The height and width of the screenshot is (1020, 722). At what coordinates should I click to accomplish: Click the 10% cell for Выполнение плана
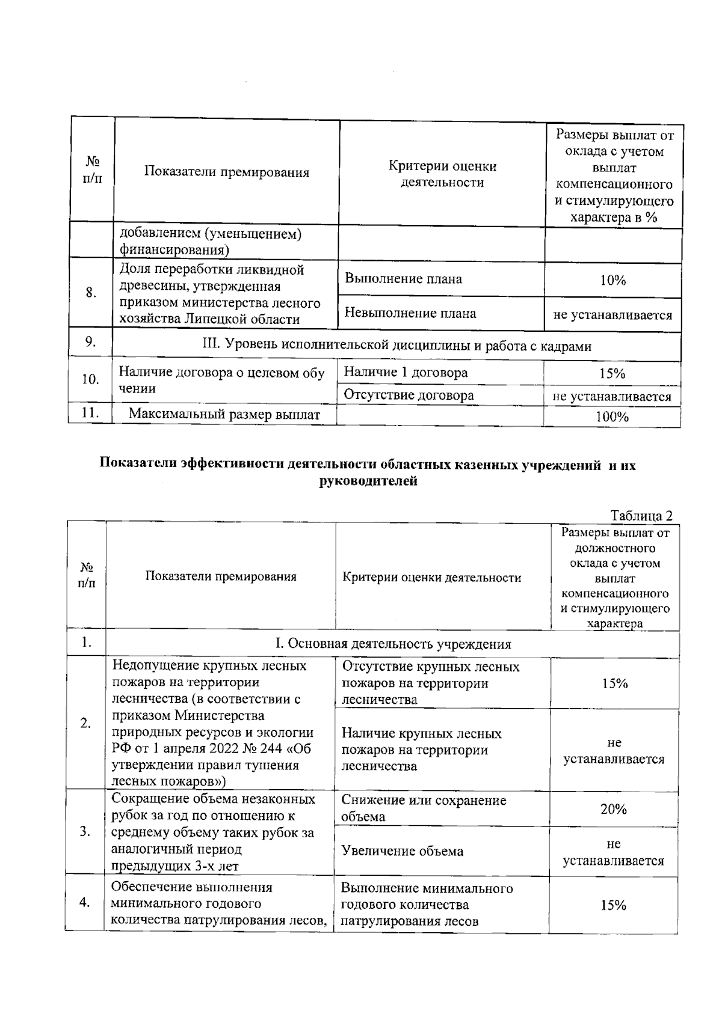(x=612, y=280)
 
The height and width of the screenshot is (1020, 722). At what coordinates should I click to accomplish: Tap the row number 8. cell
(x=91, y=293)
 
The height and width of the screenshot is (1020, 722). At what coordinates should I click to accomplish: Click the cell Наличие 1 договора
(x=406, y=373)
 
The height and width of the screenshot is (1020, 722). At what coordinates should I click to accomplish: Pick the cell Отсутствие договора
(x=409, y=395)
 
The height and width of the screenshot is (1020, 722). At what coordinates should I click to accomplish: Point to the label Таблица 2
(x=641, y=516)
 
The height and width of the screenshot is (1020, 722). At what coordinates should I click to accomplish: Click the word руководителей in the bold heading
(x=368, y=481)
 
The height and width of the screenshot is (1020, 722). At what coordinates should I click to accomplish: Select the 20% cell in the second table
(x=614, y=809)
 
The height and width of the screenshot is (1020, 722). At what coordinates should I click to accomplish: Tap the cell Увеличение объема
(x=402, y=851)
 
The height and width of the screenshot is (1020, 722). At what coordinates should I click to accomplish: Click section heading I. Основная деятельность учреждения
(x=393, y=644)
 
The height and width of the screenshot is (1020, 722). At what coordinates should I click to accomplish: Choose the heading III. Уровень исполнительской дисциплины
(x=396, y=346)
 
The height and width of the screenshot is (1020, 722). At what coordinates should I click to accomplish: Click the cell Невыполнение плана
(x=410, y=313)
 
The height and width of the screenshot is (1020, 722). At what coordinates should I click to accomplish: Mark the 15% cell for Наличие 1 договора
(x=612, y=373)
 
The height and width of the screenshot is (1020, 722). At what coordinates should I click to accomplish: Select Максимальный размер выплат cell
(x=224, y=414)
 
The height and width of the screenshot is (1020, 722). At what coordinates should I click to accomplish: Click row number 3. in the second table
(x=85, y=832)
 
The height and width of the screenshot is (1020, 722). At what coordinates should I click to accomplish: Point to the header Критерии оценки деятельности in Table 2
(x=431, y=578)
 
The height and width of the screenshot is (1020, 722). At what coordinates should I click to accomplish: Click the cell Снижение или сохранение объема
(x=424, y=808)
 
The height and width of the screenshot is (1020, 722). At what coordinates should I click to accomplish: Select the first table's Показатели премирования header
(x=226, y=173)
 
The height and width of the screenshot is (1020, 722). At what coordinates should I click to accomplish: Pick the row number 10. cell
(x=90, y=380)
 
